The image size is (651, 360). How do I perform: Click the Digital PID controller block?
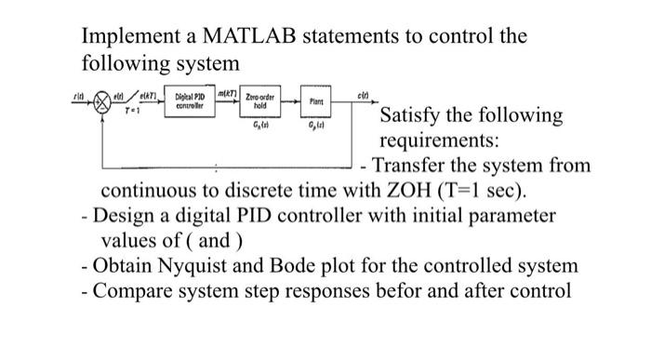point(193,100)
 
